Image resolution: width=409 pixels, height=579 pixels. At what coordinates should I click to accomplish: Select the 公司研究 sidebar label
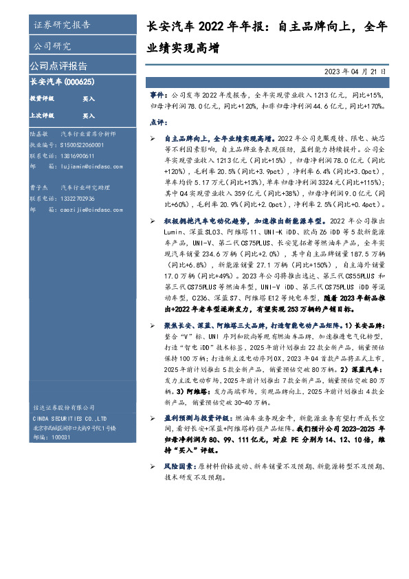click(52, 47)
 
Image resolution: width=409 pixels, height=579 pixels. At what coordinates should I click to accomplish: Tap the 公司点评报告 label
click(58, 67)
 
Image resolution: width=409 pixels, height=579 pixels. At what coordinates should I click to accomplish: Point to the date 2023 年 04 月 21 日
click(355, 72)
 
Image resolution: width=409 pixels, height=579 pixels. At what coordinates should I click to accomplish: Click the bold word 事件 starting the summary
click(157, 91)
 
